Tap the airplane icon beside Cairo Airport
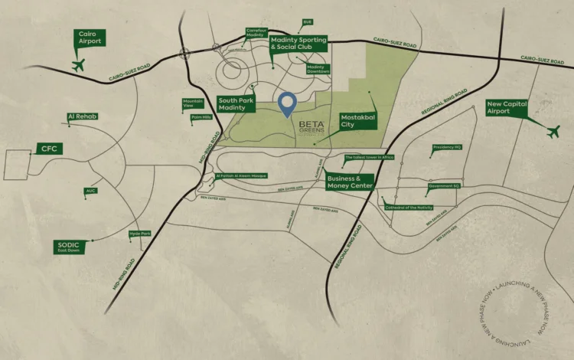(x=77, y=64)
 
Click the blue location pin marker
(x=287, y=105)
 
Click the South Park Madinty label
(x=236, y=104)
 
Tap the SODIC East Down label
(x=69, y=247)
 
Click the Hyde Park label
(x=139, y=234)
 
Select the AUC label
(x=91, y=191)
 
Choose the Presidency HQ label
(x=446, y=147)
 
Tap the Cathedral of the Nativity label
(x=408, y=208)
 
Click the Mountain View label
(x=193, y=103)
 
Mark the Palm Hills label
(x=201, y=117)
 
